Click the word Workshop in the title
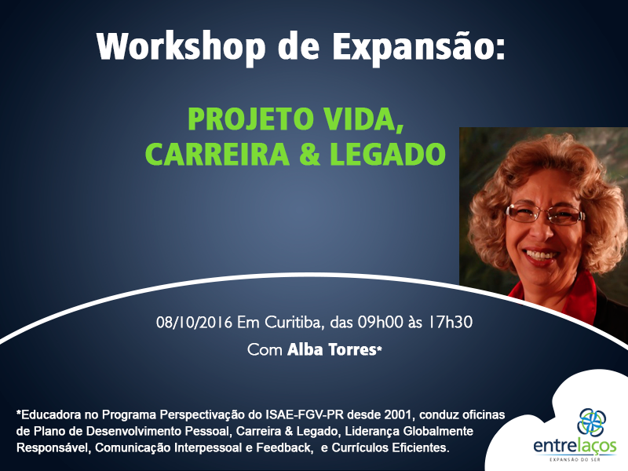pyautogui.click(x=181, y=48)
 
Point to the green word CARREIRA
pyautogui.click(x=217, y=154)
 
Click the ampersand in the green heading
pyautogui.click(x=309, y=154)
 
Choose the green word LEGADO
pyautogui.click(x=388, y=154)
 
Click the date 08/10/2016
pyautogui.click(x=194, y=323)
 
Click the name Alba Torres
pyautogui.click(x=331, y=349)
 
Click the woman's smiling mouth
pyautogui.click(x=541, y=255)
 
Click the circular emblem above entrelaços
pyautogui.click(x=592, y=422)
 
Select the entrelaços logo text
pyautogui.click(x=575, y=446)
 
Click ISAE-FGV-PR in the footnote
pyautogui.click(x=305, y=414)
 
